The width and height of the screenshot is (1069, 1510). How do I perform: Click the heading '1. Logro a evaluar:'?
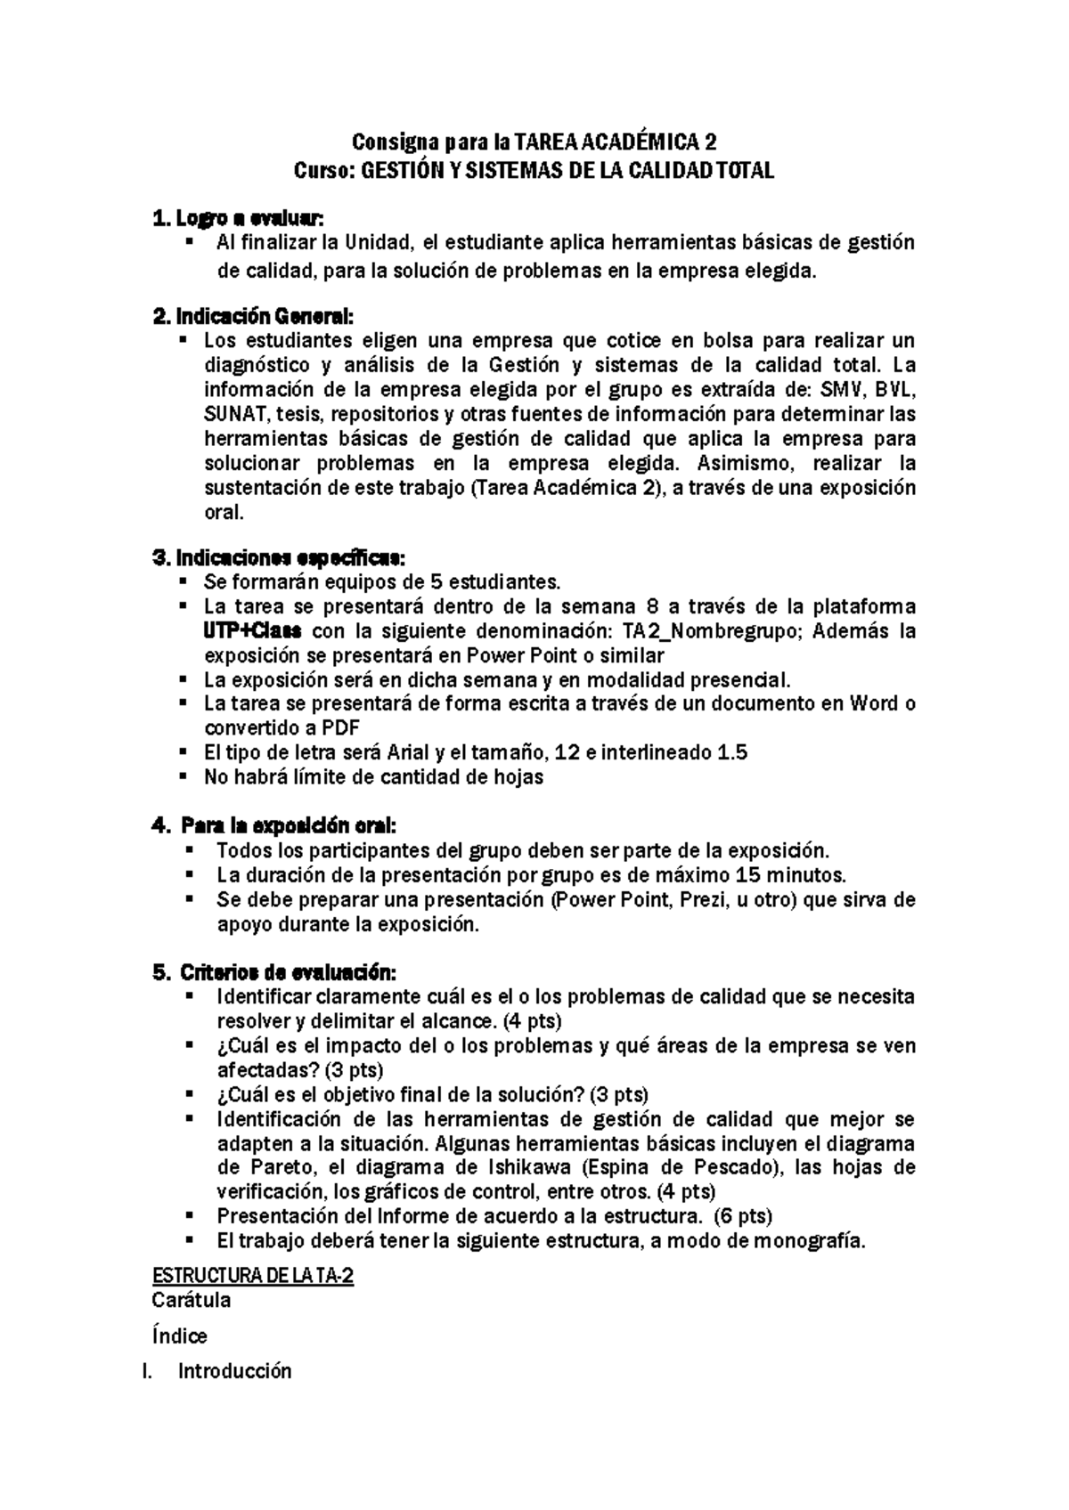tap(238, 218)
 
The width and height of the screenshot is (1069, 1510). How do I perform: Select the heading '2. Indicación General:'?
tap(253, 316)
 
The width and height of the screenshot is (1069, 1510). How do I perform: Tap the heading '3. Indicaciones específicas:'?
tap(278, 558)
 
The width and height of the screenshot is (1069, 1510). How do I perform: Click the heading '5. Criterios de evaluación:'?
tap(274, 971)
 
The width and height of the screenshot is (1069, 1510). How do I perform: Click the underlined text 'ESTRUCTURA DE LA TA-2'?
tap(253, 1277)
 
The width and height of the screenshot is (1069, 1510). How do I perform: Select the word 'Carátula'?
tap(192, 1301)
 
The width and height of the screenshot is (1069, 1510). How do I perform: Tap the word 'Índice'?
tap(180, 1336)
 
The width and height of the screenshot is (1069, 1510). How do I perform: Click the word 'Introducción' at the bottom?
tap(235, 1372)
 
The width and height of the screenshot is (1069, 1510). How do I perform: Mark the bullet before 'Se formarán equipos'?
tap(183, 582)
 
